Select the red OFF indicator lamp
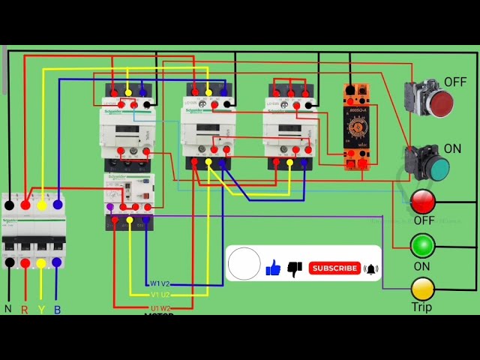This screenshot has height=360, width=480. tap(423, 201)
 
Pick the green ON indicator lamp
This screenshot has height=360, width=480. tap(422, 245)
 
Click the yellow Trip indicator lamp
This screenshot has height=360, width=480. tap(422, 288)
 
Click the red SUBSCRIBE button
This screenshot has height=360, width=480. tap(334, 268)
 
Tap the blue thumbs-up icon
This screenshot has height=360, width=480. tap(273, 267)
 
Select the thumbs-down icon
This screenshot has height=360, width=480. tap(295, 268)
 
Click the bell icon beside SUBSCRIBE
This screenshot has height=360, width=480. tap(371, 268)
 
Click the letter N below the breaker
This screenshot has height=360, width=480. tap(8, 309)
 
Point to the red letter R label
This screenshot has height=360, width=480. tap(25, 309)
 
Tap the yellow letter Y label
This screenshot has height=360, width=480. tap(41, 309)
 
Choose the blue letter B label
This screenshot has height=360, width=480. tap(57, 309)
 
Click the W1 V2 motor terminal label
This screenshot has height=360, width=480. tap(160, 283)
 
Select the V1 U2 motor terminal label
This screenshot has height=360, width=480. tap(160, 295)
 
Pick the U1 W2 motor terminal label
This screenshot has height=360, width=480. tap(160, 307)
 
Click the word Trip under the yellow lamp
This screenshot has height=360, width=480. tap(421, 307)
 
